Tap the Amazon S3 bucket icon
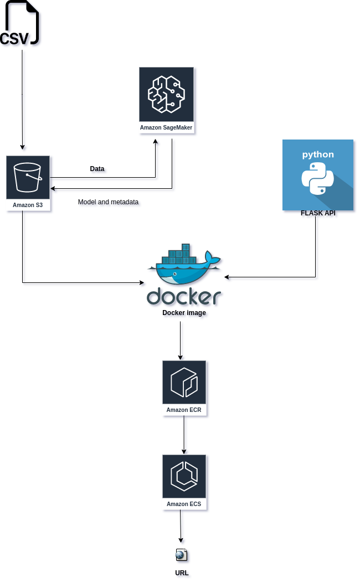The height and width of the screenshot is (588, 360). coord(28,177)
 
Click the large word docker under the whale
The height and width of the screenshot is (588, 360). coord(184,296)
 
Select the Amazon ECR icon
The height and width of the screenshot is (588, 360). coord(184,383)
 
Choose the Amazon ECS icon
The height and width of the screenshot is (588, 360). coord(184,477)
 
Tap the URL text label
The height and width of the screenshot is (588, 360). coord(182,573)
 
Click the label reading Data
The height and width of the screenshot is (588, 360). coord(97,168)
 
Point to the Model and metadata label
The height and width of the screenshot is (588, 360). coord(108,202)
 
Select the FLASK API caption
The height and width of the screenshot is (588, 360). coord(317,213)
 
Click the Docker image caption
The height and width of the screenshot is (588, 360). coord(184,313)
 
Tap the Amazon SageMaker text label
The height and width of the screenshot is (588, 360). coord(166,128)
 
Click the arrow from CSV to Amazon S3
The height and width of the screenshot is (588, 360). coord(22,100)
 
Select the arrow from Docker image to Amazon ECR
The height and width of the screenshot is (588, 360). coord(181,341)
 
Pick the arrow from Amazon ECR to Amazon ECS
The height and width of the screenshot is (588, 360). coord(184,435)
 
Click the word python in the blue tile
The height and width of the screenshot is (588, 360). coord(317,154)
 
